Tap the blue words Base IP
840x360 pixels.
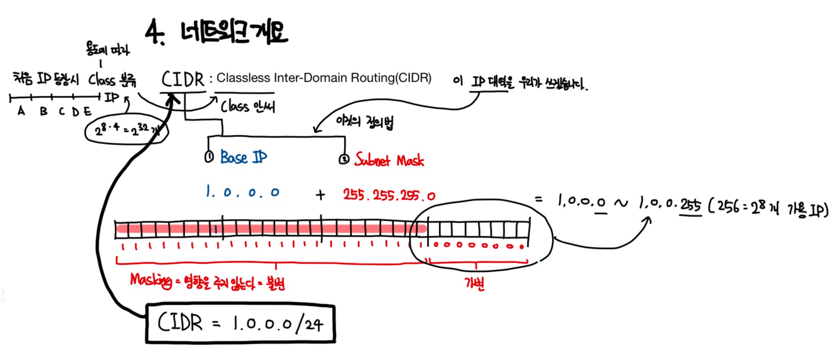[x=243, y=157]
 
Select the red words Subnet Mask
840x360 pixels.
[x=389, y=160]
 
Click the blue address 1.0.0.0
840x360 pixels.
[x=242, y=192]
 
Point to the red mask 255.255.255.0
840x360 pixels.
[x=389, y=195]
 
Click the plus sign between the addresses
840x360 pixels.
[x=320, y=195]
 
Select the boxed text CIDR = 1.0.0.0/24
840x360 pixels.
[x=240, y=323]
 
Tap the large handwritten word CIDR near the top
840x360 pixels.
[x=183, y=80]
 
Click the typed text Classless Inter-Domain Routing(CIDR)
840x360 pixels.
[x=324, y=78]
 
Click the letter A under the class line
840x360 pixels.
[x=21, y=111]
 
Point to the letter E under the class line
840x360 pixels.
[x=88, y=112]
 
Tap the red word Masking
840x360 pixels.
[x=151, y=280]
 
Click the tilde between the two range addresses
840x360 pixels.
[x=620, y=203]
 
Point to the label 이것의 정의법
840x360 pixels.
[x=364, y=122]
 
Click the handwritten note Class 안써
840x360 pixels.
[x=248, y=106]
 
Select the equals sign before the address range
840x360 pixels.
[x=539, y=199]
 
